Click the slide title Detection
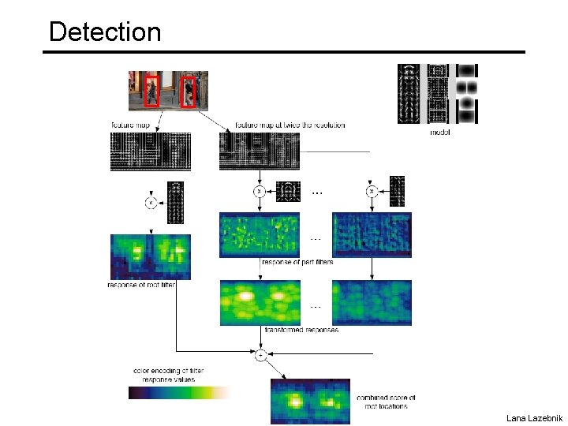click(105, 32)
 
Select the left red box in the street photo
click(152, 90)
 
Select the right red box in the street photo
click(188, 92)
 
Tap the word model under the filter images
click(440, 132)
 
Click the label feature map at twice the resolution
click(290, 125)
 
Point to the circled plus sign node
click(260, 356)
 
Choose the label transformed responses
click(301, 330)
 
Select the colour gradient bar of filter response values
click(181, 392)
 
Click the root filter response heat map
click(150, 256)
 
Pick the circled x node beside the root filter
click(150, 203)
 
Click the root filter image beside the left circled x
click(175, 203)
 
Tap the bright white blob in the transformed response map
click(245, 297)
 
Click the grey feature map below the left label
click(150, 151)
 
